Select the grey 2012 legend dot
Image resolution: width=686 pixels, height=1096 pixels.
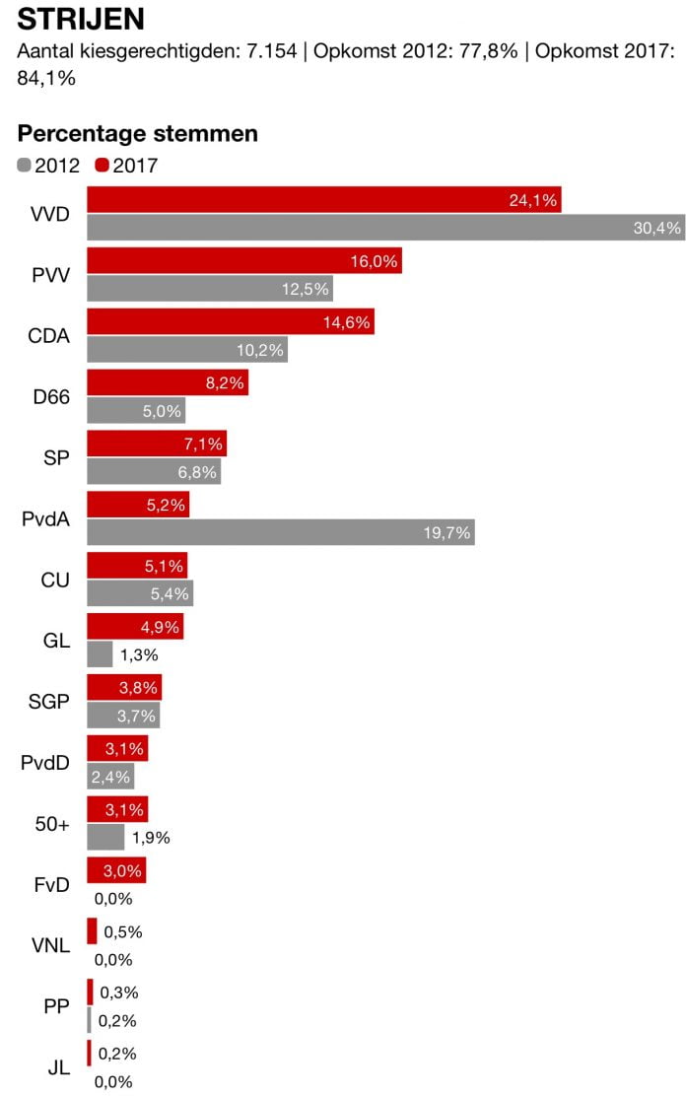pos(25,166)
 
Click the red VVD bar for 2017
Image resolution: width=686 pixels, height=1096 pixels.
pos(324,200)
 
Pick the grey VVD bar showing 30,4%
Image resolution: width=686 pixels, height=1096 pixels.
pos(385,228)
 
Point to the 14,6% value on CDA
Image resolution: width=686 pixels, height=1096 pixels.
pos(345,322)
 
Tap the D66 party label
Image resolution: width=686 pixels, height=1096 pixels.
pos(51,397)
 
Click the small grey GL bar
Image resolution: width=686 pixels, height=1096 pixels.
pos(100,653)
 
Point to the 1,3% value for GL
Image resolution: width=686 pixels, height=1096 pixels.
pos(139,653)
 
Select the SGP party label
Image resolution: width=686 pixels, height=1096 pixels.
pos(49,703)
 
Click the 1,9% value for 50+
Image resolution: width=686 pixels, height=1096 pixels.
pos(151,838)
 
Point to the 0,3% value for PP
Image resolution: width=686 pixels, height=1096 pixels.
pos(118,993)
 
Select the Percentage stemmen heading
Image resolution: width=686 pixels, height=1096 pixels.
pos(137,134)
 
